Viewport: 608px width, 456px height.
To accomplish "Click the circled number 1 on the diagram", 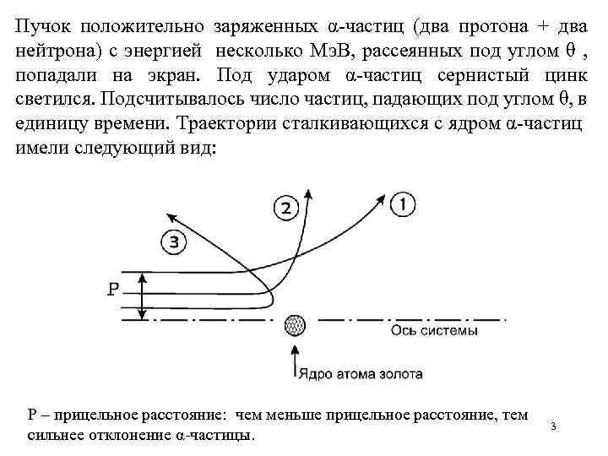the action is click(402, 204).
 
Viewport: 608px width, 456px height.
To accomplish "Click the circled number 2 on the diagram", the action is click(286, 208).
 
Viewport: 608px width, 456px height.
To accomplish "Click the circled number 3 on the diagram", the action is click(173, 243).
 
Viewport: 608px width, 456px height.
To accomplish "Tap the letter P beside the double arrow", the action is click(117, 290).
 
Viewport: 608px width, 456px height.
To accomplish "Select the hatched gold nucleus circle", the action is click(295, 323).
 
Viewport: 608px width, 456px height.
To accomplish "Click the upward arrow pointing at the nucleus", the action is click(295, 359).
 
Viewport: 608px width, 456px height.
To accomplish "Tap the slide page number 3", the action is click(553, 425).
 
